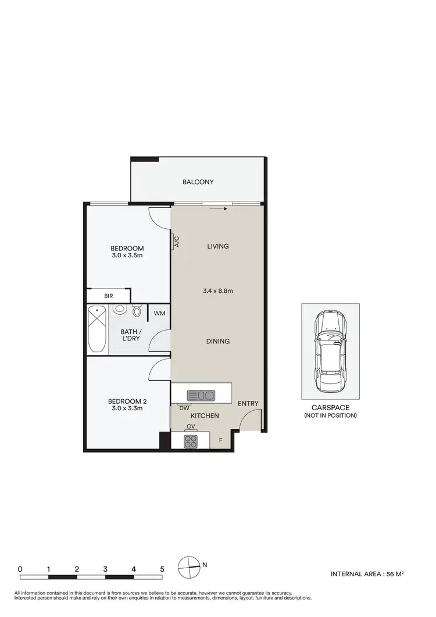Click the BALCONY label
tap(198, 182)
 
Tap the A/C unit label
tap(175, 241)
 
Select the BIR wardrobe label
tap(109, 296)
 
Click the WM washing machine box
tap(159, 314)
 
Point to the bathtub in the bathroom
tap(97, 329)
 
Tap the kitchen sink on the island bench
tap(200, 396)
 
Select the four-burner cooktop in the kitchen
tap(190, 441)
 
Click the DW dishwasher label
tap(184, 408)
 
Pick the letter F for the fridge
tap(220, 440)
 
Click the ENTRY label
tap(248, 404)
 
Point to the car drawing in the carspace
tap(330, 351)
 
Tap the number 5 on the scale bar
tap(162, 569)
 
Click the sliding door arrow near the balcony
tap(219, 209)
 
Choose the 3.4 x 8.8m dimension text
tap(218, 290)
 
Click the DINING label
tap(218, 341)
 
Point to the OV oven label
tap(191, 427)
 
